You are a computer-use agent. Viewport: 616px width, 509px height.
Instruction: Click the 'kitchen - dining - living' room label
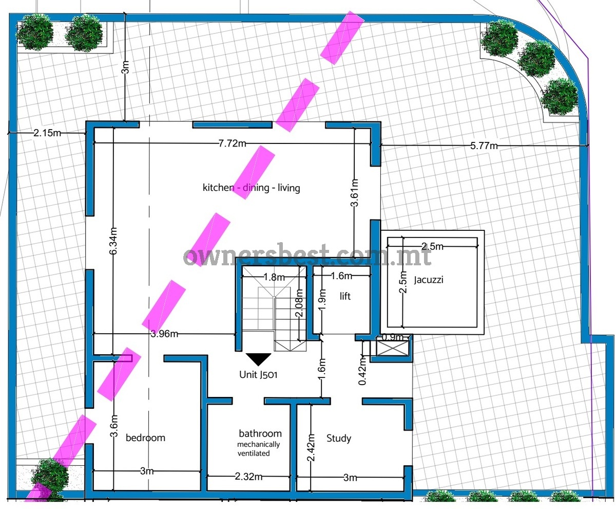click(252, 188)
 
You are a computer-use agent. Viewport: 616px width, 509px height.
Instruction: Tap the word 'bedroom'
click(145, 438)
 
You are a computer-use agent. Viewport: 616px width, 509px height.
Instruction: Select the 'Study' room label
click(339, 439)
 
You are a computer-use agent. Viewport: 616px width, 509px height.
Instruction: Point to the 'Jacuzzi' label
click(429, 280)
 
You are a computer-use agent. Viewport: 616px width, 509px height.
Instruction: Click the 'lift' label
click(345, 296)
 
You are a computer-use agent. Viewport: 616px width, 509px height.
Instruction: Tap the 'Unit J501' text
click(258, 374)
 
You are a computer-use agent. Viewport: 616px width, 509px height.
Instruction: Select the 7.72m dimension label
click(233, 143)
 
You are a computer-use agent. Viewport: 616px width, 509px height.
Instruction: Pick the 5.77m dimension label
click(484, 146)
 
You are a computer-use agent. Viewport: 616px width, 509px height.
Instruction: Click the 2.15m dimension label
click(47, 133)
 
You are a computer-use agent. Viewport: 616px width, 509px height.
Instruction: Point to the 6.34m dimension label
click(113, 241)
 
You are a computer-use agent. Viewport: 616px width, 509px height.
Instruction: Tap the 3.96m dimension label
click(164, 334)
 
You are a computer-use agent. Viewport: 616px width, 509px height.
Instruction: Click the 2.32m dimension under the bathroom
click(248, 477)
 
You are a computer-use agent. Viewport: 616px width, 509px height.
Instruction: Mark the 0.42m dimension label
click(362, 371)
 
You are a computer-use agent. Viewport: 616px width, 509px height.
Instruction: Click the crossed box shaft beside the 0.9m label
click(393, 348)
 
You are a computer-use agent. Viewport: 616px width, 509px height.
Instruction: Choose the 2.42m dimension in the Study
click(311, 447)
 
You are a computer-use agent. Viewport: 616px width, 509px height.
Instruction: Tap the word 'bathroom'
click(260, 433)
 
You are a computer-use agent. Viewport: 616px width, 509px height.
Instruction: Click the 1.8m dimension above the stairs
click(274, 277)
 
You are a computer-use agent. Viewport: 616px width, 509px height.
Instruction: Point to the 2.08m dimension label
click(300, 303)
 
